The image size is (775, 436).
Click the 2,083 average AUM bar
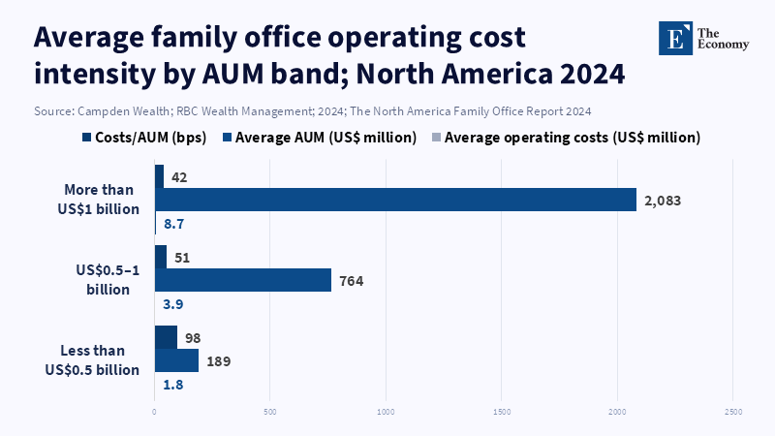tap(395, 200)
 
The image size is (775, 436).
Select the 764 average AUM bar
tap(243, 280)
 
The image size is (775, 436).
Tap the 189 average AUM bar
tap(176, 360)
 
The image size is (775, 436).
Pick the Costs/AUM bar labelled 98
tap(166, 337)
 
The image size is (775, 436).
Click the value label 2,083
tap(663, 201)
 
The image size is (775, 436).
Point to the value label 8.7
tap(173, 224)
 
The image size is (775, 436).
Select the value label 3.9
tap(173, 304)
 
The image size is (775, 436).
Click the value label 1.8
tap(173, 385)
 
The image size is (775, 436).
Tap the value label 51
tap(181, 257)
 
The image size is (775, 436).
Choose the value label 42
tap(179, 177)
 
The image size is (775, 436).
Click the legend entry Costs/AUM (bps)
tap(145, 138)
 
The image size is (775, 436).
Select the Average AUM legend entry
tap(320, 138)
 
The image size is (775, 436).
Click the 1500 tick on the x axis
tap(502, 413)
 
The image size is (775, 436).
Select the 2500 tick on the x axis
tap(733, 413)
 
